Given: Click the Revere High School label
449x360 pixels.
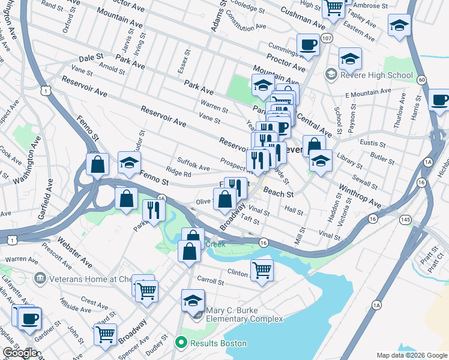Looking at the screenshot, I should (376, 75).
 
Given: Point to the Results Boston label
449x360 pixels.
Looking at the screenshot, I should (218, 343).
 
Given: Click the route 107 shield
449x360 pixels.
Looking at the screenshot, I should (327, 38).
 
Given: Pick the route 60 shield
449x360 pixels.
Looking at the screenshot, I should (422, 79).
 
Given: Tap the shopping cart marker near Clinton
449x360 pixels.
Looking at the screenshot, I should (262, 270).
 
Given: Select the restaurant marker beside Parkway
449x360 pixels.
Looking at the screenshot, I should (154, 209).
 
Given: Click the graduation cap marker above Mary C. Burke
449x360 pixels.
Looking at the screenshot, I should (193, 300).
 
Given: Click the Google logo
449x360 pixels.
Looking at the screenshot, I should (20, 353).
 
